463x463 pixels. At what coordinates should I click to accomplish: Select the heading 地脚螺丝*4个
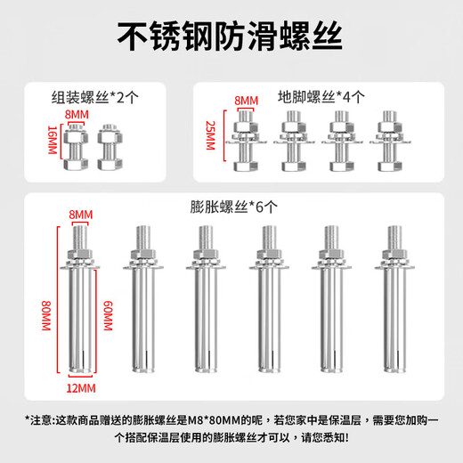coord(319,99)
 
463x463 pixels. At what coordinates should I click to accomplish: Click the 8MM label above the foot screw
coord(243,102)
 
